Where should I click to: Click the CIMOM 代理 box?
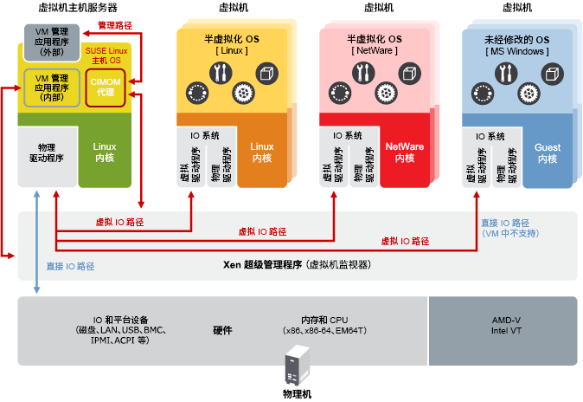point(106,88)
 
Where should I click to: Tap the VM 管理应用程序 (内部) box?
point(52,88)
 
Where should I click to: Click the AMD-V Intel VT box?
point(505,325)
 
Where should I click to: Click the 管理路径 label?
point(114,26)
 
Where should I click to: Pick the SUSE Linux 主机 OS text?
point(107,56)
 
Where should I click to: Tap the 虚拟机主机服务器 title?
point(78,8)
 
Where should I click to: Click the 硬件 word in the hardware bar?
point(222,330)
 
